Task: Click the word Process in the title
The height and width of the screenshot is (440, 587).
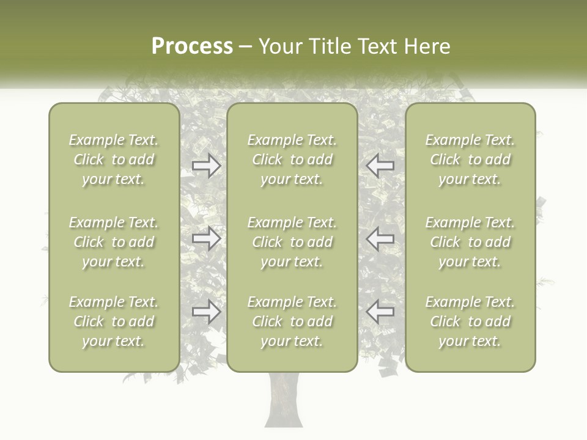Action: click(x=192, y=46)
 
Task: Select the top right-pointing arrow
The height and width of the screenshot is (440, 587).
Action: click(x=207, y=166)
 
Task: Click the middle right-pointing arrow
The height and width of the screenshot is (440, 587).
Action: click(x=207, y=238)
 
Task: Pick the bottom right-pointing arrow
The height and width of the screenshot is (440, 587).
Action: click(x=207, y=312)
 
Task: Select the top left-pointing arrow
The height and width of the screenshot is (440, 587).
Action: click(x=380, y=166)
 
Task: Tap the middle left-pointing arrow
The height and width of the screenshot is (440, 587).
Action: click(x=380, y=238)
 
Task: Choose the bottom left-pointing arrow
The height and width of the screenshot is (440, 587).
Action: click(x=380, y=312)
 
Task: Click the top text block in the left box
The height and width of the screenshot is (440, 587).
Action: click(x=114, y=159)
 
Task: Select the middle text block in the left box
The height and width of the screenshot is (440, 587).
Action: click(x=114, y=242)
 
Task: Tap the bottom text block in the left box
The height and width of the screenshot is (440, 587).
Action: click(x=114, y=321)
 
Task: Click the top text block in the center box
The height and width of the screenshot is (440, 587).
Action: click(x=292, y=159)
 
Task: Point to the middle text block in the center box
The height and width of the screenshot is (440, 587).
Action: click(x=292, y=242)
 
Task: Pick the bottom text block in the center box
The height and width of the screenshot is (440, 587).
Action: click(x=292, y=321)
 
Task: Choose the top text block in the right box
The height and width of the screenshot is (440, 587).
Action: click(x=470, y=159)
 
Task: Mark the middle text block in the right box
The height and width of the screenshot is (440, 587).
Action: click(x=470, y=242)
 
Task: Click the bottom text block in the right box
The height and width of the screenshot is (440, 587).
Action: click(x=470, y=321)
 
